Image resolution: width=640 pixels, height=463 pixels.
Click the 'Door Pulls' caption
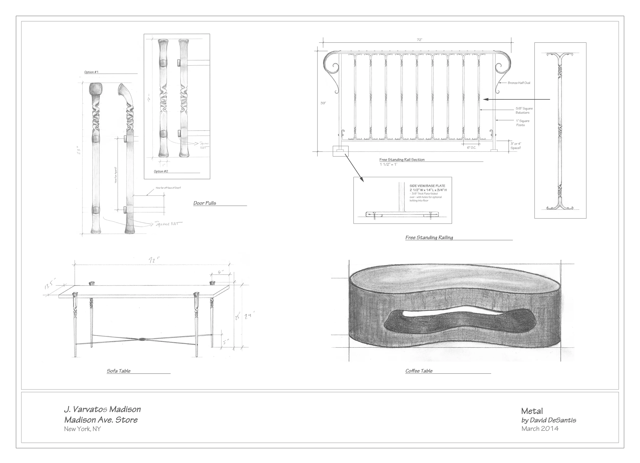click(205, 203)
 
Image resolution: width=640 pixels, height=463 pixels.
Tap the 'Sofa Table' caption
click(119, 371)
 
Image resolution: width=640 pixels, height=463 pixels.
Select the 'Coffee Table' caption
click(419, 371)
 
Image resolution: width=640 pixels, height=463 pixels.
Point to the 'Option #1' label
click(91, 72)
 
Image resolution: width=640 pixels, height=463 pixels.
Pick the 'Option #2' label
click(161, 171)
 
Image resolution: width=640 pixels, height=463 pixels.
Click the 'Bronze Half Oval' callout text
click(519, 83)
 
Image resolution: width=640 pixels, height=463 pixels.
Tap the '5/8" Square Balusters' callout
click(524, 110)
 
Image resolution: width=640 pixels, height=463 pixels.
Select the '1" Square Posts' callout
click(522, 123)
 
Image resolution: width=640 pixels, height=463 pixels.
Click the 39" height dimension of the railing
click(323, 103)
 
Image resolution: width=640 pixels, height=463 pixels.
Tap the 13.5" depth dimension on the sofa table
click(50, 283)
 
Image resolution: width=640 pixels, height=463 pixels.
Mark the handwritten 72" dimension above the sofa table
click(154, 260)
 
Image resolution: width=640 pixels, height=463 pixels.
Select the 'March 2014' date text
click(540, 429)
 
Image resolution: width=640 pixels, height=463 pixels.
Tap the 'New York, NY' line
click(82, 429)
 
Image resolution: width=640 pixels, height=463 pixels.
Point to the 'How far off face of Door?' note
click(168, 188)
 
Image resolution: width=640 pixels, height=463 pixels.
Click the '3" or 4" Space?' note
click(516, 146)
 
